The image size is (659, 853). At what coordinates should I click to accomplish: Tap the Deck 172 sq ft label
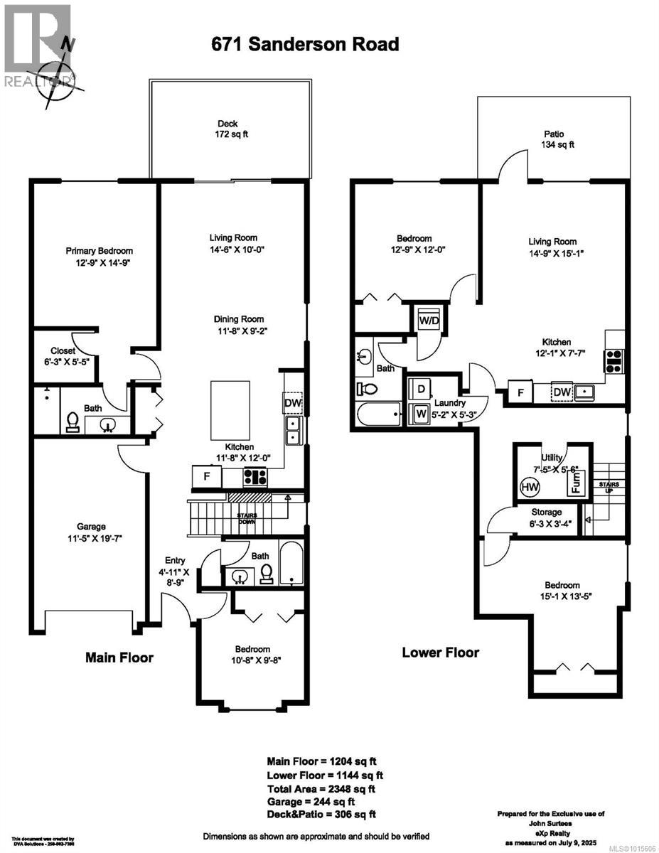coord(227,129)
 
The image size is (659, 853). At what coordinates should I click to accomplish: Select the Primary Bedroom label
coord(99,256)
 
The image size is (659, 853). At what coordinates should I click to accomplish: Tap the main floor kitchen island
coord(230,411)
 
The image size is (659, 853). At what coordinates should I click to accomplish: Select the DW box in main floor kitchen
coord(293,403)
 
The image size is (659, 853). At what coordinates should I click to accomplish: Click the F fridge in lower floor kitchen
coord(520,392)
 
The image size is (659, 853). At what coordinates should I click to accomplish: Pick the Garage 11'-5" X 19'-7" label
coord(92,532)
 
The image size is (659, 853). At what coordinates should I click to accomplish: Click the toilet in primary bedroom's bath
coord(73,422)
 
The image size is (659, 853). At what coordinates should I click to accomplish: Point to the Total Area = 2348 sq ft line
coord(321,788)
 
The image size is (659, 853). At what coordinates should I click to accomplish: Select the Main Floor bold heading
coord(119,658)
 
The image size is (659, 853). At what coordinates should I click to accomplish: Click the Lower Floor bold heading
coord(441,652)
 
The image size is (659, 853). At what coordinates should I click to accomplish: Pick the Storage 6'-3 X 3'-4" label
coord(546,517)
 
